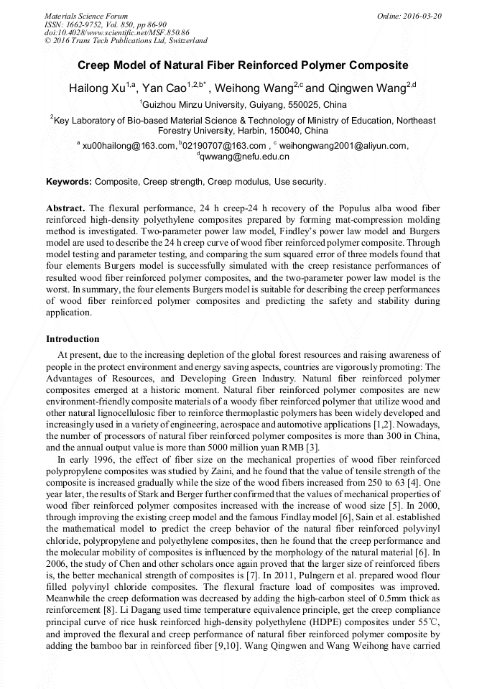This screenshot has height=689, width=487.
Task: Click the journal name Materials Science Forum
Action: point(86,16)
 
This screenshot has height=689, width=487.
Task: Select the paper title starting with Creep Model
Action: point(243,65)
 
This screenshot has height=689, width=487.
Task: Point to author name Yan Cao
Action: point(164,88)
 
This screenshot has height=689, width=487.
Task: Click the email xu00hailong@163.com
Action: point(129,146)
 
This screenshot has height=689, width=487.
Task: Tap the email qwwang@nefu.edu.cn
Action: point(248,157)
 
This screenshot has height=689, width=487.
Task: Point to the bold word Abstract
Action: point(65,208)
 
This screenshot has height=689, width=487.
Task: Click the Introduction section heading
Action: point(73,339)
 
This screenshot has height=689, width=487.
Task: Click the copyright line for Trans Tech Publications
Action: point(126,41)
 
